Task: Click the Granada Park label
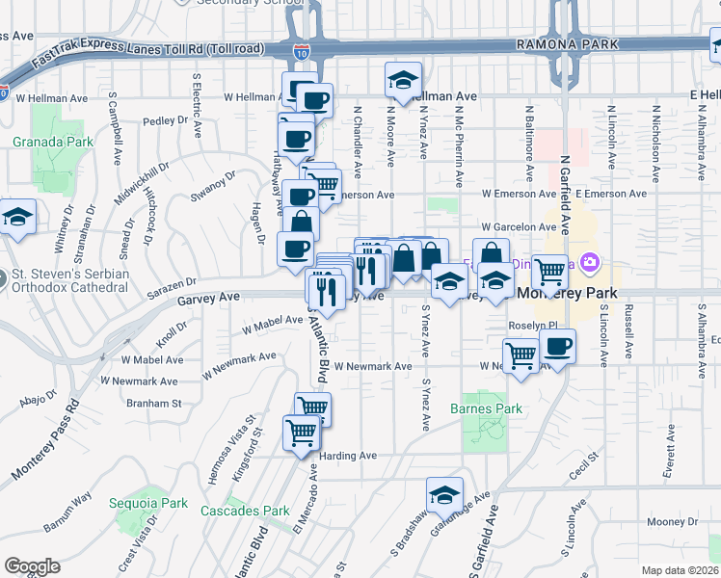[53, 142]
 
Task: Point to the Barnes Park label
[486, 408]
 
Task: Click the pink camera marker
[590, 262]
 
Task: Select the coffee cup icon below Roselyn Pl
[558, 347]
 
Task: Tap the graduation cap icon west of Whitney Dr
[17, 218]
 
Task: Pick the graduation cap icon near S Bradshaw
[444, 495]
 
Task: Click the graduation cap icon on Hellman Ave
[403, 81]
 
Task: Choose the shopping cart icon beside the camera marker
[549, 272]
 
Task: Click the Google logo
[32, 566]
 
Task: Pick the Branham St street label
[155, 404]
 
